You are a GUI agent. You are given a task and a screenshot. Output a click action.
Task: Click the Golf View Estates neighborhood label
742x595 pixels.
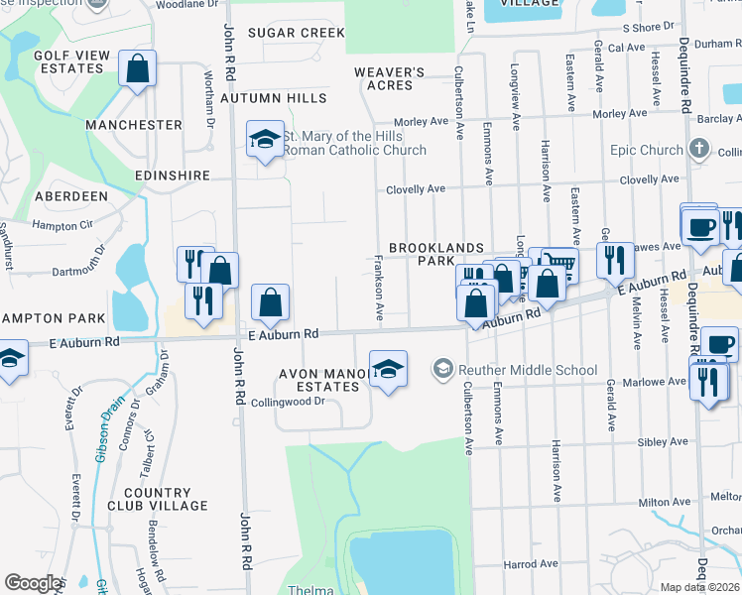click(x=68, y=60)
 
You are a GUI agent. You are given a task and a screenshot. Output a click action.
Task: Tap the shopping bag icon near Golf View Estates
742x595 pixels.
click(x=138, y=69)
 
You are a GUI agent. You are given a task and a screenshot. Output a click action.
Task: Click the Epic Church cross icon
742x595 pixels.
click(x=699, y=150)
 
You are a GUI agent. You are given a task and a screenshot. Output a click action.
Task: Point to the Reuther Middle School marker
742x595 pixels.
click(x=443, y=370)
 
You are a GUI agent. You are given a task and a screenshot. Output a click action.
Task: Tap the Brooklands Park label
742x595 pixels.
click(x=435, y=254)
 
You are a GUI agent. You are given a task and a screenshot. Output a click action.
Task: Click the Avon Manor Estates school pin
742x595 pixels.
click(x=388, y=369)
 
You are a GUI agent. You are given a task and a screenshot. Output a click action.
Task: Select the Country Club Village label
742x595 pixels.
click(x=166, y=499)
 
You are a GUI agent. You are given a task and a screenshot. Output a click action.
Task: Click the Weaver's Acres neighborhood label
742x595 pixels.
click(x=391, y=79)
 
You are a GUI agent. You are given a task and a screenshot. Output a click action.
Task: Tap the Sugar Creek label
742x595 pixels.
click(x=296, y=33)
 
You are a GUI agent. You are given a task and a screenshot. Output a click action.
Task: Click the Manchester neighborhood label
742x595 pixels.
click(x=134, y=125)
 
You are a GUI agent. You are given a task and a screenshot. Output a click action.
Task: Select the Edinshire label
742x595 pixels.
click(x=173, y=175)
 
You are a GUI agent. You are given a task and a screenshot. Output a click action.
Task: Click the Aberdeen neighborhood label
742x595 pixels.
click(x=70, y=196)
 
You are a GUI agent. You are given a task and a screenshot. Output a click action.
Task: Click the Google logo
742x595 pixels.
click(x=33, y=583)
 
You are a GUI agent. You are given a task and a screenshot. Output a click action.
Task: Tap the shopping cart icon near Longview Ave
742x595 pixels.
click(x=560, y=264)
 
